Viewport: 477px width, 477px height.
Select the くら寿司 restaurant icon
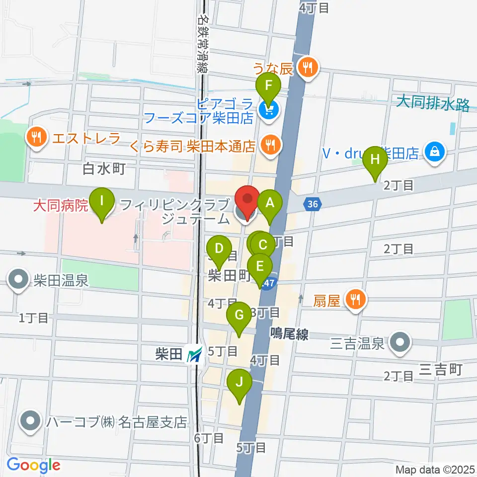[270, 145]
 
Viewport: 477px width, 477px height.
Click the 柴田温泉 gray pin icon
[18, 279]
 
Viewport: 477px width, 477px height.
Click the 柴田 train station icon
[194, 354]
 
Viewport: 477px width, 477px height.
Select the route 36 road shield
[312, 204]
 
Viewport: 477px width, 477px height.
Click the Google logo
[33, 465]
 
